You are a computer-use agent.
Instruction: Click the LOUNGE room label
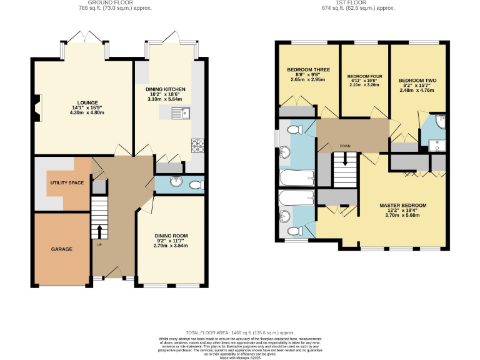coord(84,102)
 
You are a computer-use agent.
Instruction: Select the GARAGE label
coord(62,249)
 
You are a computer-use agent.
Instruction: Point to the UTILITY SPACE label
coord(67,182)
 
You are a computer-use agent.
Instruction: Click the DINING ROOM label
coord(171,236)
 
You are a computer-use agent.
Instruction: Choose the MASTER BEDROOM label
coord(403,206)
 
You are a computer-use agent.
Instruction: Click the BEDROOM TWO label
coord(417,81)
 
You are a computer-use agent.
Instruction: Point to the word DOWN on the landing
coord(345,146)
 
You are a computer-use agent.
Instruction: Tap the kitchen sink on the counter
coord(184,112)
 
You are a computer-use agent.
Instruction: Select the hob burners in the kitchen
coord(198,146)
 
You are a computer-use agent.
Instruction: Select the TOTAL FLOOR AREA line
coord(239,333)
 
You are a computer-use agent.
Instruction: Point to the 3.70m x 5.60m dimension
coord(403,216)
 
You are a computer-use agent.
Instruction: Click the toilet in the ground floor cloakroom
coord(196,184)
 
